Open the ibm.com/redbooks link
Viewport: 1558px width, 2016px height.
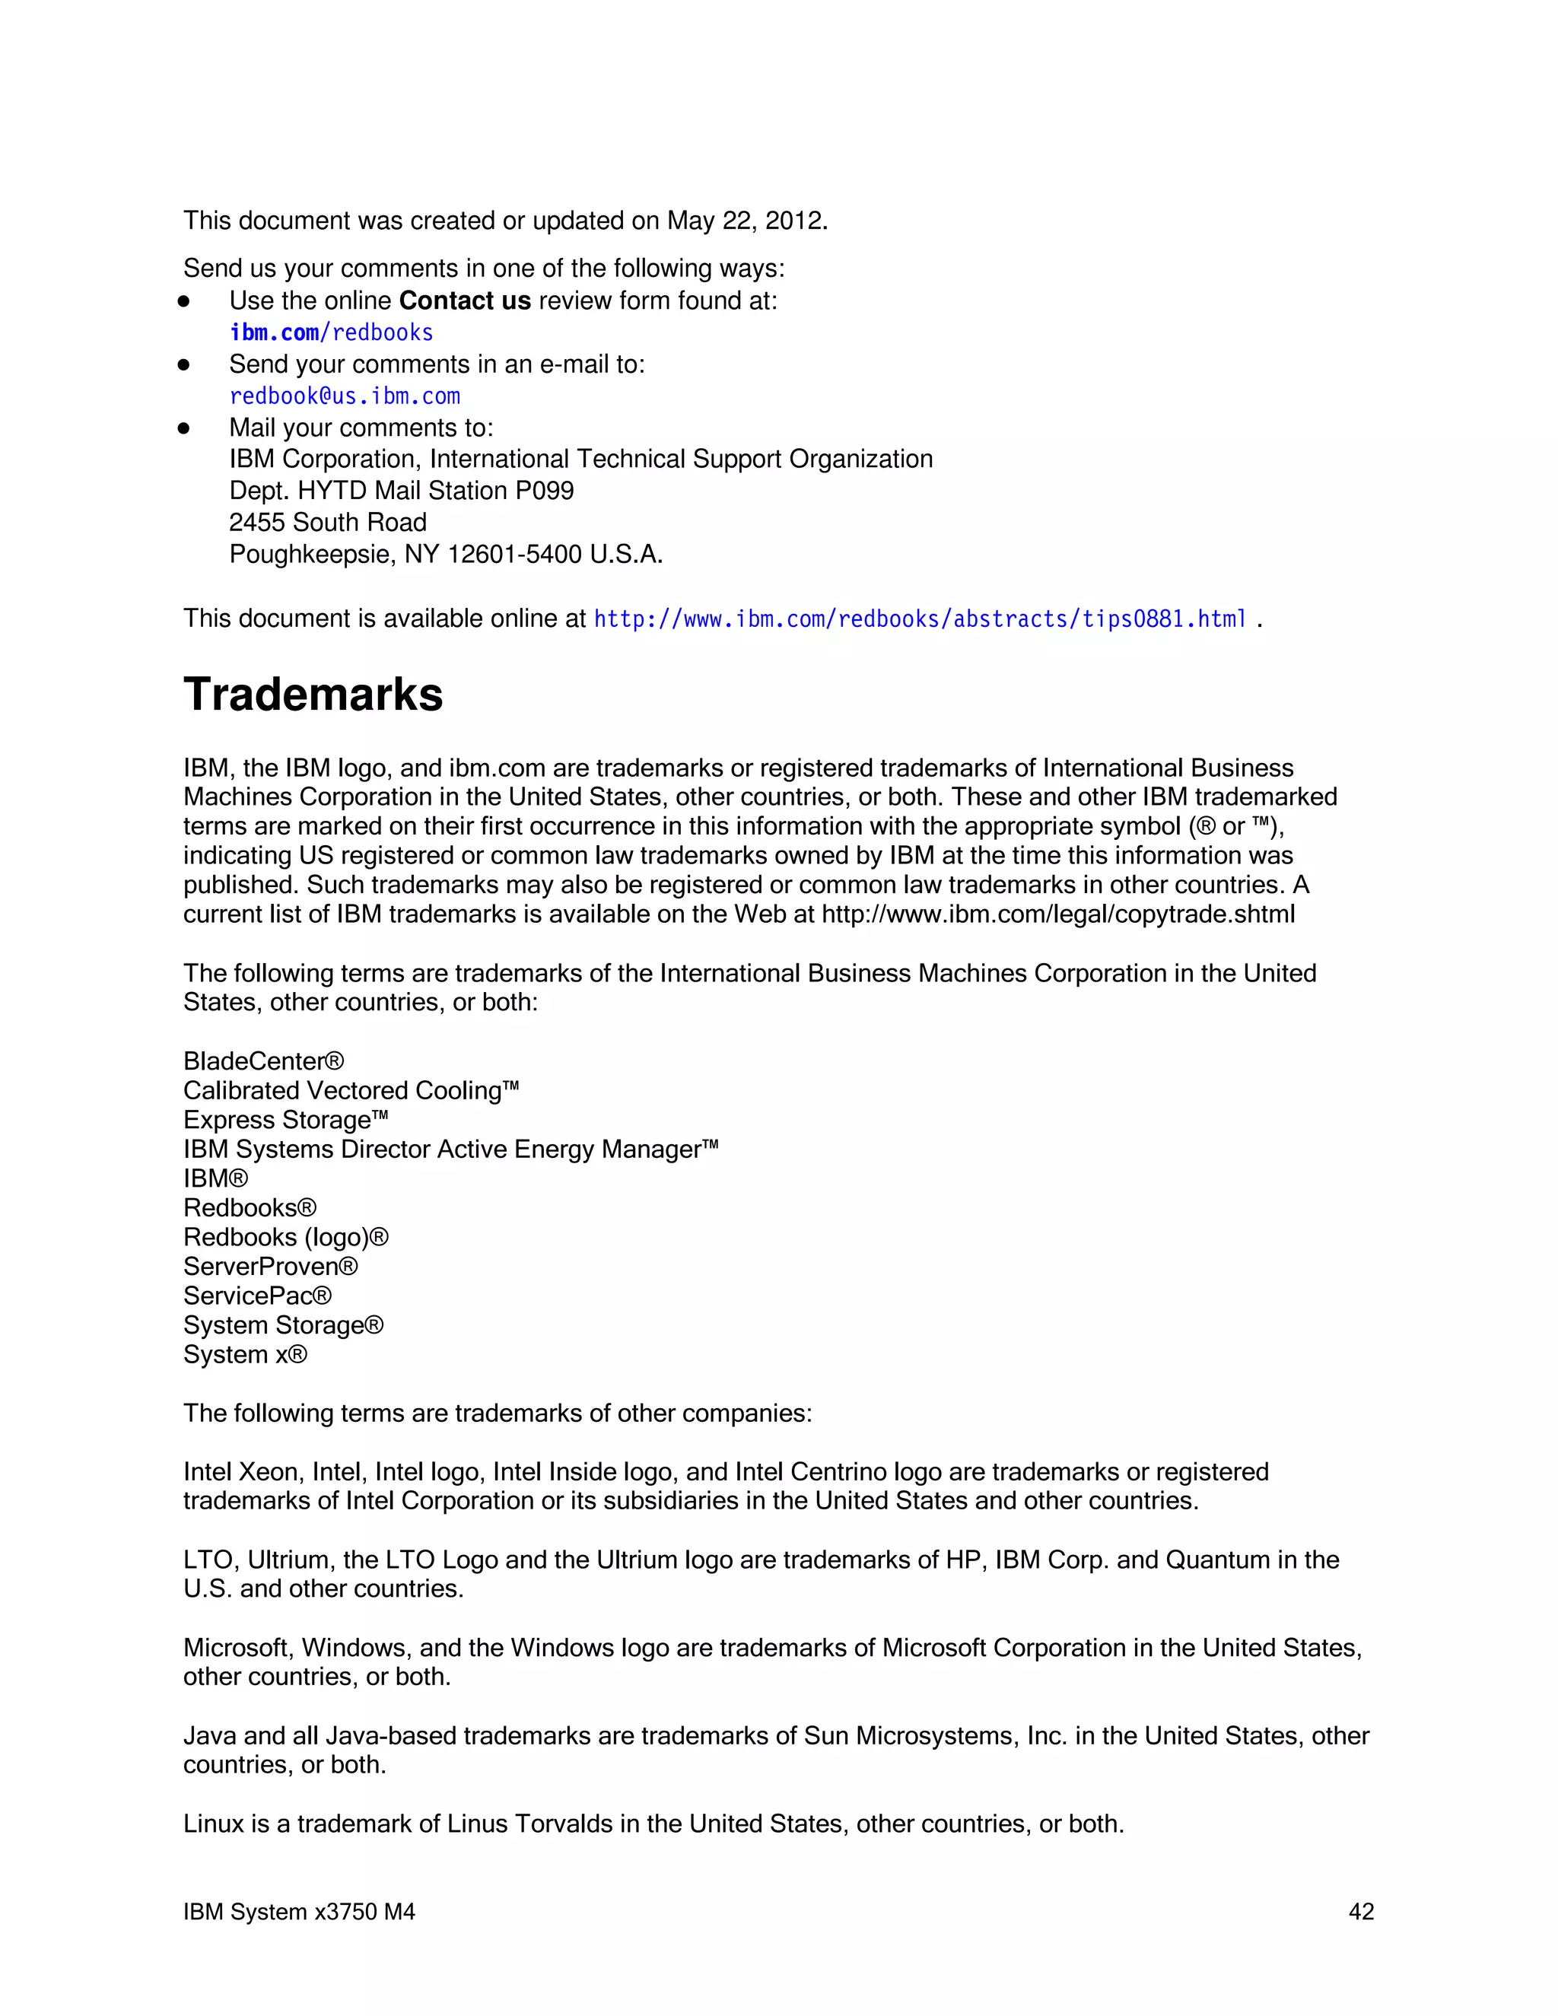(x=332, y=332)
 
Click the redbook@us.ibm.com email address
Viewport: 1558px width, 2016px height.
(x=345, y=396)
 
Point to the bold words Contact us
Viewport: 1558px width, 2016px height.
(x=464, y=301)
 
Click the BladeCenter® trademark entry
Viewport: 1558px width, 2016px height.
(x=263, y=1061)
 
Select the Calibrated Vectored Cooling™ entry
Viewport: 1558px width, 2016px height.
(x=351, y=1091)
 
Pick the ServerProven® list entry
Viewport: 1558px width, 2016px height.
(x=270, y=1267)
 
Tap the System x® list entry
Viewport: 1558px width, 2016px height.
(x=245, y=1354)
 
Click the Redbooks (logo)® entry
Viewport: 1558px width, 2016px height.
(x=285, y=1237)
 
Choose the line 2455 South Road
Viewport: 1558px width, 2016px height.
(x=328, y=523)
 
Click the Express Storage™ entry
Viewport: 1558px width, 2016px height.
(x=285, y=1120)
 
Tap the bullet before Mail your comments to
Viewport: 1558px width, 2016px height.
(x=183, y=428)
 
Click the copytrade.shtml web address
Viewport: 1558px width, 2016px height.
(x=1057, y=914)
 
